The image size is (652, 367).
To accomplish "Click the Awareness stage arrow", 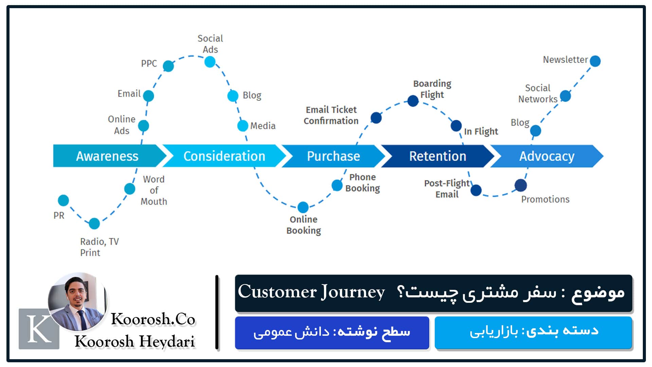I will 107,156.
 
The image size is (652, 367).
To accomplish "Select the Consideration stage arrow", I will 224,156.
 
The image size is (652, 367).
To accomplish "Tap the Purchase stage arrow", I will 333,156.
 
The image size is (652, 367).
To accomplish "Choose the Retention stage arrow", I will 437,156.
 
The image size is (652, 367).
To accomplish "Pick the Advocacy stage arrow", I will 546,156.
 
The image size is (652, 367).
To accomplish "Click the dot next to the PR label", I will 64,200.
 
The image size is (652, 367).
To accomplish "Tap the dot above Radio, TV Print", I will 94,224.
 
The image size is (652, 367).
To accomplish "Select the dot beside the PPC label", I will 168,66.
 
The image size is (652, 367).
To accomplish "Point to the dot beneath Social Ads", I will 210,62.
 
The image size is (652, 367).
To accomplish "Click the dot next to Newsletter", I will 595,61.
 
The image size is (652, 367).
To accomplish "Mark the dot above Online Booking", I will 303,207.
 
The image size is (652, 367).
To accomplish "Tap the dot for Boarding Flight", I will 413,101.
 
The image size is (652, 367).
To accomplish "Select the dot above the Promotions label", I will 521,186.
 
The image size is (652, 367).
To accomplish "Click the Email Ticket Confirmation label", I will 331,115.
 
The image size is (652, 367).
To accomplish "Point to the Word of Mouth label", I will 154,190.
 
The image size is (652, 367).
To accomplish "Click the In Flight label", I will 481,132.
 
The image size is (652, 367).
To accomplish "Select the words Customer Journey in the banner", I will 311,292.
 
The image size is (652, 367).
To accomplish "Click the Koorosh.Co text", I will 153,319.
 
